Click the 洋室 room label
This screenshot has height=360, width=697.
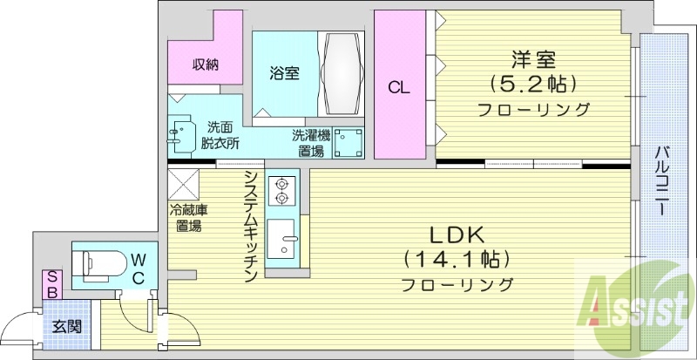point(532,60)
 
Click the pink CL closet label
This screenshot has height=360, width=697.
point(399,86)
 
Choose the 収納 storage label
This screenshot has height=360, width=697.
point(206,64)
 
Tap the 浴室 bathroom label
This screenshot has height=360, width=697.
point(285,73)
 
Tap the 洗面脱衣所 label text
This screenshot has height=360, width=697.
point(220,136)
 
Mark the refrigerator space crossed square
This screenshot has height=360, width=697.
point(185,184)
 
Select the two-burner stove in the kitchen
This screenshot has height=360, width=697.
point(281,190)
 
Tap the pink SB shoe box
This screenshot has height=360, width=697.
point(52,284)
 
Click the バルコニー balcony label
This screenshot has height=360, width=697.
point(662,183)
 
